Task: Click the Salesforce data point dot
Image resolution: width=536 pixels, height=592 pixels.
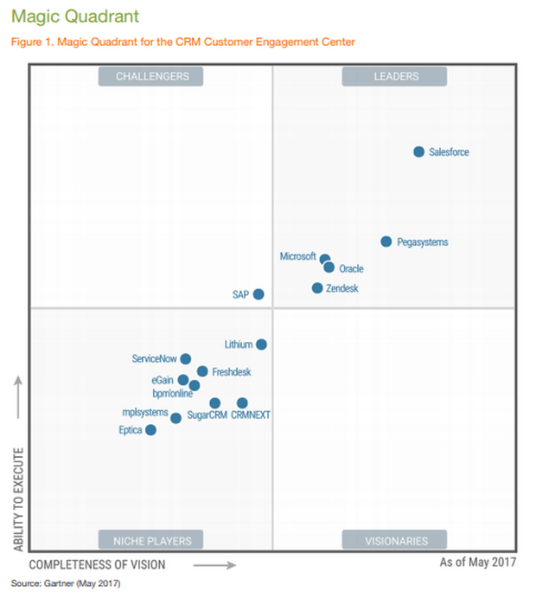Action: [418, 152]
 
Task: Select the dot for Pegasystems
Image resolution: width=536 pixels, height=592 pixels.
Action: [386, 241]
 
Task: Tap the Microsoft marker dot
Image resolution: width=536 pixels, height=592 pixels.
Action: [325, 259]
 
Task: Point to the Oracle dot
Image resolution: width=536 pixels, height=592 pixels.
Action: [329, 267]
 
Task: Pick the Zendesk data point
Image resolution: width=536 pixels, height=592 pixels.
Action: [317, 288]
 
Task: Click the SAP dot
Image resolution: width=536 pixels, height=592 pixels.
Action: [258, 294]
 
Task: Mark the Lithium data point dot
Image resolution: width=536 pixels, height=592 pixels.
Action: [261, 344]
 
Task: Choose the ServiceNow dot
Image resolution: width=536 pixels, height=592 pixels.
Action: [185, 358]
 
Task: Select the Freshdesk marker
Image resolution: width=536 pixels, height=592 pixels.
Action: [202, 371]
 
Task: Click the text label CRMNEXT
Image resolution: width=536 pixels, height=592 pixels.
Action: [251, 415]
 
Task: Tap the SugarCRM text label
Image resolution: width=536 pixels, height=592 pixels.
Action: [207, 415]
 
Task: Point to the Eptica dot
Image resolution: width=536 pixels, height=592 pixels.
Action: [150, 430]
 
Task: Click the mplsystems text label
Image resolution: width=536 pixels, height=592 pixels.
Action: [144, 413]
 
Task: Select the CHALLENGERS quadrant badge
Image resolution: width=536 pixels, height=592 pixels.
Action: [150, 76]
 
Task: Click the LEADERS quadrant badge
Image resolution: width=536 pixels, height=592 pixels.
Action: [394, 76]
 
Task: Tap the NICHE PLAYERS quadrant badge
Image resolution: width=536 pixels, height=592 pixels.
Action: [150, 541]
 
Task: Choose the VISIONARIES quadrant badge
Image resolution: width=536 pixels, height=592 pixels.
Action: [394, 541]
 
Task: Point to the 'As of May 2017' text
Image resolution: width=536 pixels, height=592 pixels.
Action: [477, 563]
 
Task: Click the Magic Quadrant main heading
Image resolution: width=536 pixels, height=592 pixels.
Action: [73, 16]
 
